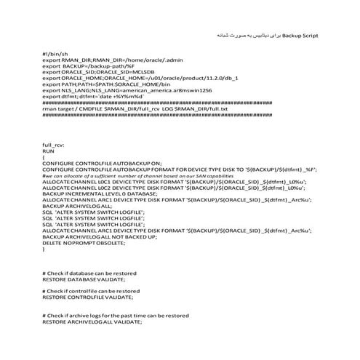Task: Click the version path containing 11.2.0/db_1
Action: (x=178, y=77)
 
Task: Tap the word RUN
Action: (x=49, y=152)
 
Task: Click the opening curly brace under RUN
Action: (x=44, y=158)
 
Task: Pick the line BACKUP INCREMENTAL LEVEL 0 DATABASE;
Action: (x=95, y=195)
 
